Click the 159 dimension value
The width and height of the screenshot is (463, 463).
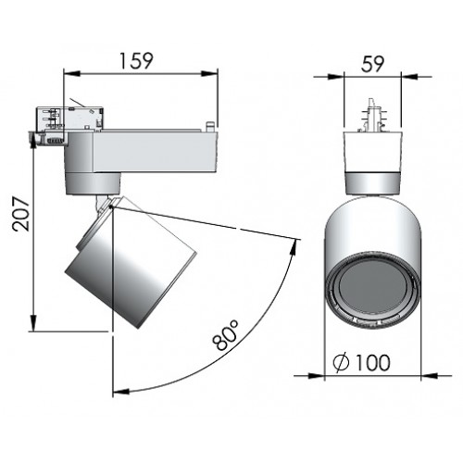[136, 61]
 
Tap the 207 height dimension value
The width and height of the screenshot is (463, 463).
[21, 214]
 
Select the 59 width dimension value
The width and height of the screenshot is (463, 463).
[372, 64]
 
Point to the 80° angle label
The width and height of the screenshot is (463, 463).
[226, 335]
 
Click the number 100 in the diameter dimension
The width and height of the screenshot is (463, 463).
[373, 362]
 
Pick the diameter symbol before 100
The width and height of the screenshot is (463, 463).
[342, 363]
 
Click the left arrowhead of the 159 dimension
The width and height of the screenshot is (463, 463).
[72, 73]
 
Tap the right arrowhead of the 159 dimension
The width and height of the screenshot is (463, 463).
[209, 73]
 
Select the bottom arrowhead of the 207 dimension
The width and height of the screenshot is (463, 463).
[33, 322]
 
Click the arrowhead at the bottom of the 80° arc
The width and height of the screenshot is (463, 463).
[121, 392]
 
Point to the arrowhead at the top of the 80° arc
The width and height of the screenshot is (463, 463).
[294, 246]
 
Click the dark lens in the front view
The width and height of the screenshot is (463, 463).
[373, 289]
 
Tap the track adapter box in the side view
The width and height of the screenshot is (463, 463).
[70, 119]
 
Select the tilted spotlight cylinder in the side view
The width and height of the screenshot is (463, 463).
[132, 262]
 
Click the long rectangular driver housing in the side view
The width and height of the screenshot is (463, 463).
[156, 152]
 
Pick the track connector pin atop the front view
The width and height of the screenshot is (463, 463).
[372, 116]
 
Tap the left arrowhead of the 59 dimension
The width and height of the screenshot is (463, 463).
[335, 77]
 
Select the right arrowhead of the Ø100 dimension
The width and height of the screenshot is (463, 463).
[430, 376]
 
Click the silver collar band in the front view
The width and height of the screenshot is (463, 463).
[373, 183]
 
